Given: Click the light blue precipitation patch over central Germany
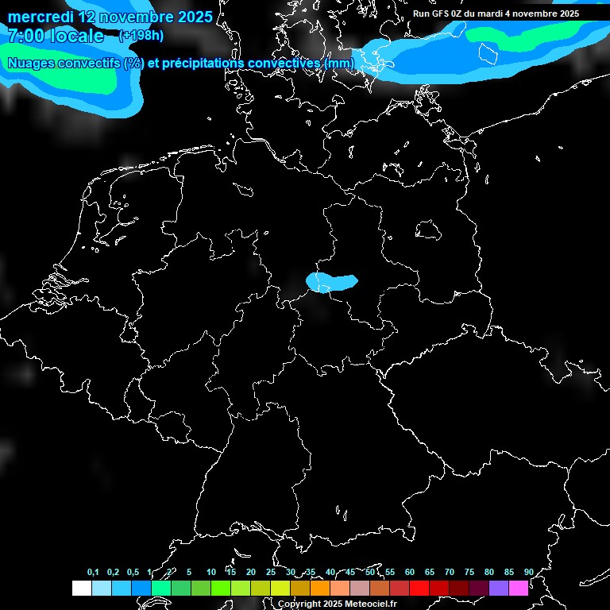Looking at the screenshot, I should (331, 282).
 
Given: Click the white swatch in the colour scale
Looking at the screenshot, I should (81, 589).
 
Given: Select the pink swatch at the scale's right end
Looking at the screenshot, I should (519, 589).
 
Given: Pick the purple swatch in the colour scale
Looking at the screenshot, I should (499, 589).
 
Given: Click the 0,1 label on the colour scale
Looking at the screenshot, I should (93, 573).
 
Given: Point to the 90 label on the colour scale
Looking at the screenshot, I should (529, 573).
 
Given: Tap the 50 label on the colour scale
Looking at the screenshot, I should (370, 573).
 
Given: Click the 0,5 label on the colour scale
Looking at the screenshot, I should (133, 573).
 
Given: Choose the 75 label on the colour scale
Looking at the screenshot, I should (469, 573).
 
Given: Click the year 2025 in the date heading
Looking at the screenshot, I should (190, 17).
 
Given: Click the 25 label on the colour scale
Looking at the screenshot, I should (271, 573).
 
